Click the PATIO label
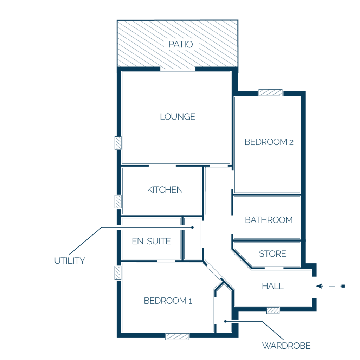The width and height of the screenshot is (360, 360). tap(181, 44)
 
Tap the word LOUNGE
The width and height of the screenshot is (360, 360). tap(178, 117)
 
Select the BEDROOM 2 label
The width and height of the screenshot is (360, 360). tap(269, 142)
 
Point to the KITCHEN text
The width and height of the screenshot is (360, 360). tap(165, 189)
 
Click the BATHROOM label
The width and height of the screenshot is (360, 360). tap(269, 220)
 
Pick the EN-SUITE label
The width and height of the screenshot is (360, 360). tap(151, 241)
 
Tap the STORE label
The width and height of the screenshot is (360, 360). tap(272, 254)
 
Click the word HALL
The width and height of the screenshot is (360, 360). tap(273, 286)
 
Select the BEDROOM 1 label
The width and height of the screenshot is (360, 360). tap(168, 301)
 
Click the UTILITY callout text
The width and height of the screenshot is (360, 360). tap(70, 261)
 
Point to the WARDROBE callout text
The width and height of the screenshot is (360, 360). tap(286, 346)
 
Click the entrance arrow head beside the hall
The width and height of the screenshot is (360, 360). tap(320, 286)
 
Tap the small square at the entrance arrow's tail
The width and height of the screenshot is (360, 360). tap(343, 286)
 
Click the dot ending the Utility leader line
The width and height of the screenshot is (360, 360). tap(192, 227)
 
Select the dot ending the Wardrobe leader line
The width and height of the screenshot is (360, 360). tap(225, 321)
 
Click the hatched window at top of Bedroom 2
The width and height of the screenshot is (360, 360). tap(270, 92)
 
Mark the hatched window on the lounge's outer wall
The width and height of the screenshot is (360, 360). tap(118, 143)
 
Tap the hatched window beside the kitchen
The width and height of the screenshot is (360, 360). tap(118, 201)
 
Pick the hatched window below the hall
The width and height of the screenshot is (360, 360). tap(273, 311)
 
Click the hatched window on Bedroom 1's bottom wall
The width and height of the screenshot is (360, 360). tap(177, 336)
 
